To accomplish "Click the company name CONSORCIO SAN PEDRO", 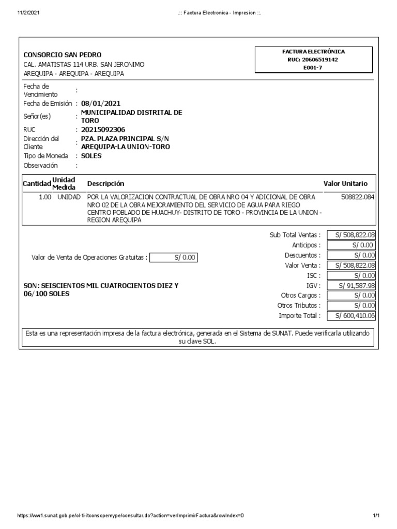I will (63, 55).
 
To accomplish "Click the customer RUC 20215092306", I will (103, 130).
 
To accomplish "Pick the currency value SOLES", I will (91, 155).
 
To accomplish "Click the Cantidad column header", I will (36, 183).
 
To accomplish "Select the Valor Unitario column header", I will (345, 183).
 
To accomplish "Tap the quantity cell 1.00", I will (45, 197).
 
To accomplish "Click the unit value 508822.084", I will (358, 197).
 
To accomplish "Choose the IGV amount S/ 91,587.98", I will (352, 286).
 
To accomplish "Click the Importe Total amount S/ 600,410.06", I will (352, 316).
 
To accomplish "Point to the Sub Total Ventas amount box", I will (352, 235).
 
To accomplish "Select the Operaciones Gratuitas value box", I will (174, 257).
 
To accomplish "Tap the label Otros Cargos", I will (299, 295).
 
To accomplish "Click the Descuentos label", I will (302, 255).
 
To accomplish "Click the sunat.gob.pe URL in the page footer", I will (130, 516).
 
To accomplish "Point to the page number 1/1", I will (376, 516).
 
